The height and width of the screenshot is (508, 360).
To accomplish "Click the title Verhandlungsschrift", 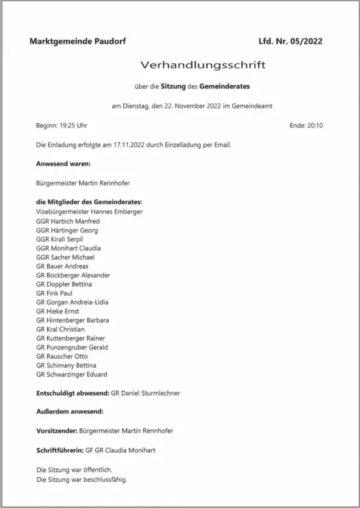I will tap(202, 64).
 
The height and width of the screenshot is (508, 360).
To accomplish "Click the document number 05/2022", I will tap(306, 41).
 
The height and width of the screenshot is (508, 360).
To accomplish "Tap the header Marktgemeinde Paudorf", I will tap(77, 41).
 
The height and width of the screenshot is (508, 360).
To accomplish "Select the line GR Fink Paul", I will tap(55, 293).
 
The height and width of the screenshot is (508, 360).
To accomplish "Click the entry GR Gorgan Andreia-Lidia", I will tap(72, 302).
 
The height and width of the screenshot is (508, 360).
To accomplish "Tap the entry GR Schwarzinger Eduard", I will tap(71, 374).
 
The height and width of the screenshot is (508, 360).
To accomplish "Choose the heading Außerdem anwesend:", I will tap(70, 412).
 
